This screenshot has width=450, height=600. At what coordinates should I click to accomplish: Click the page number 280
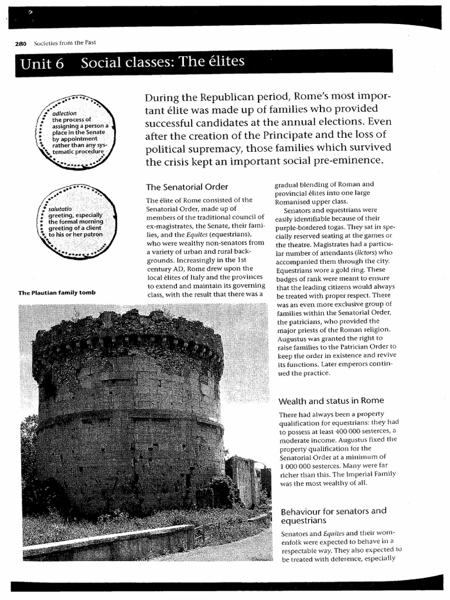(21, 43)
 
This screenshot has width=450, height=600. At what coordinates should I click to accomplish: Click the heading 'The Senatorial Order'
(186, 187)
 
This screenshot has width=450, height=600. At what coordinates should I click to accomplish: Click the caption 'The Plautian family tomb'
(56, 292)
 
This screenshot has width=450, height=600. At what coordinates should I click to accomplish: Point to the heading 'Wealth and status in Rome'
(331, 400)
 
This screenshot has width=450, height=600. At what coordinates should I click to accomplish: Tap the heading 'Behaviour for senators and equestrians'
(332, 515)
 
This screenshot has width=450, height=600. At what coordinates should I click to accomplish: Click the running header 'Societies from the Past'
(65, 43)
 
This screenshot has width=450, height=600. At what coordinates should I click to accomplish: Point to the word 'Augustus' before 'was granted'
(292, 339)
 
